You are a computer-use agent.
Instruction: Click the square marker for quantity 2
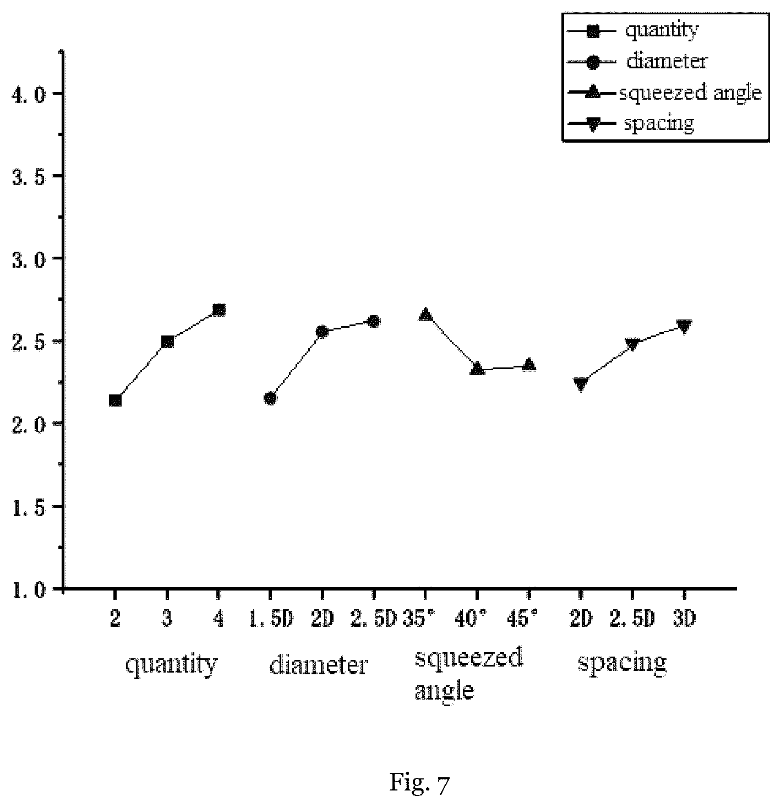point(115,400)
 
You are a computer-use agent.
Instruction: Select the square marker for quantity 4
point(219,310)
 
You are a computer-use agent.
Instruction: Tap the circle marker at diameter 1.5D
point(270,398)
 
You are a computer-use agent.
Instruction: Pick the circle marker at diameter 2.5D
point(374,321)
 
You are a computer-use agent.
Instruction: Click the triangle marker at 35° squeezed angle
point(425,315)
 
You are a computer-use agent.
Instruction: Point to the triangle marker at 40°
point(477,369)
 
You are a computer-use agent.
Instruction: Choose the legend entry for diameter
point(637,62)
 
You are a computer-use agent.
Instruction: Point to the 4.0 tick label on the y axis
point(28,94)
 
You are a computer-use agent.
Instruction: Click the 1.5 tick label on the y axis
point(28,507)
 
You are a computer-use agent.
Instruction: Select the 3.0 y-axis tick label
point(28,259)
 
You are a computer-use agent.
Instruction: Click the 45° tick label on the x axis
point(523,619)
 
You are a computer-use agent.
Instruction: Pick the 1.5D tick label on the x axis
point(271,619)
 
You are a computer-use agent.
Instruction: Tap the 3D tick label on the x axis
point(684,619)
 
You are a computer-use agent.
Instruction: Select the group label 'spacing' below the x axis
point(622,663)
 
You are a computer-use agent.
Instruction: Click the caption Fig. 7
point(419,783)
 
